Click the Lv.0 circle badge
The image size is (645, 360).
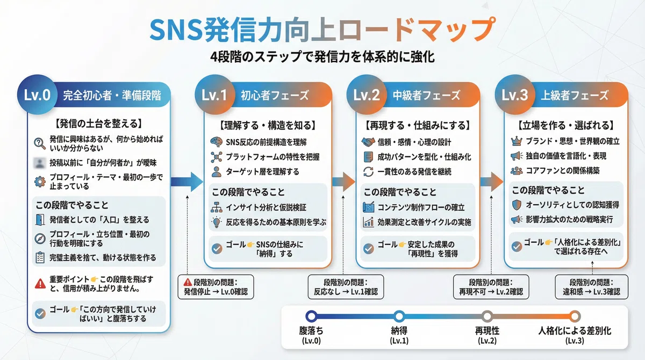coord(37,95)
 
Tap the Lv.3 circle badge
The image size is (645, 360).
coord(515,95)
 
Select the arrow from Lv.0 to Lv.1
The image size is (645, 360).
coord(187,182)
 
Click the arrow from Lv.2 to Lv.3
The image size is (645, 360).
coord(491,182)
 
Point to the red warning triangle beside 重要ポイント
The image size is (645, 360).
coord(40,284)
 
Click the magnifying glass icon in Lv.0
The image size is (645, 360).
coord(39,143)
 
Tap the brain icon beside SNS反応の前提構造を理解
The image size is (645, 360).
coord(216,142)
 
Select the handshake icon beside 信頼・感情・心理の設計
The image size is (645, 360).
coord(368,142)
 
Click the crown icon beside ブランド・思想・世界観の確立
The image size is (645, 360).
coord(517,141)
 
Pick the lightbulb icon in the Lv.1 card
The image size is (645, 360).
coord(216,222)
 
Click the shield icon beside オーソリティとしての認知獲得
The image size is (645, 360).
coord(517,205)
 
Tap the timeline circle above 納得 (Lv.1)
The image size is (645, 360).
coord(399,316)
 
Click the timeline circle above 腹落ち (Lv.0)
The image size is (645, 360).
coord(311,316)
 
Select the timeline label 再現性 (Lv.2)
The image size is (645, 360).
coord(487,335)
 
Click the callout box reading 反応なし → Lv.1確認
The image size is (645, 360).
coord(346,287)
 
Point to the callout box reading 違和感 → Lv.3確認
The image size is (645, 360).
coord(591,287)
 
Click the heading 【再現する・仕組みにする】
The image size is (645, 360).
coord(418,126)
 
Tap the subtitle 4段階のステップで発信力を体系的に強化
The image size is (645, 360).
coord(322,57)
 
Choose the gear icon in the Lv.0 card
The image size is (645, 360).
coord(40,182)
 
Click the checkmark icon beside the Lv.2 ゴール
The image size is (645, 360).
coord(368,249)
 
